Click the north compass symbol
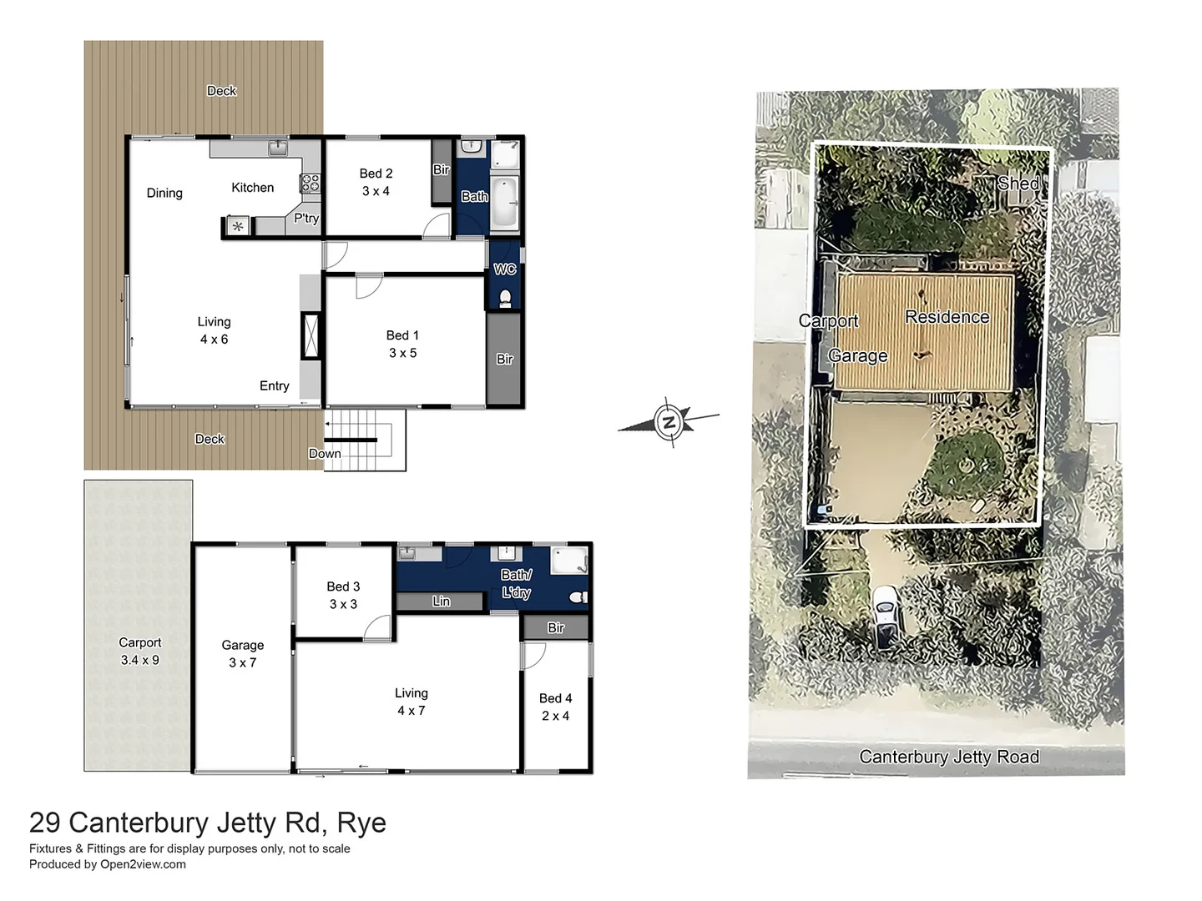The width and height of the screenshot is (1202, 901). (x=669, y=422)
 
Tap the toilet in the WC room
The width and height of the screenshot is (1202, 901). (x=505, y=298)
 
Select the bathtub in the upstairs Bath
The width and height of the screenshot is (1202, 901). (x=504, y=203)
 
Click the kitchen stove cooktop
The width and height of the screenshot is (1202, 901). (x=310, y=183)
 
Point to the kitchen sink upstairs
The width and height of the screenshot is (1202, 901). (x=278, y=148)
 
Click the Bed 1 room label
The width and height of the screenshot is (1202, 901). (x=402, y=344)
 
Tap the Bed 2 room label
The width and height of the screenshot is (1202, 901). (x=376, y=182)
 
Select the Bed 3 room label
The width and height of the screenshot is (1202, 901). (x=343, y=595)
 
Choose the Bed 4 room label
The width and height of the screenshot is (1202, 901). (x=555, y=707)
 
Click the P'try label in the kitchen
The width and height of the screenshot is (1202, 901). (x=306, y=218)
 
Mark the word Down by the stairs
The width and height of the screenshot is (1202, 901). (x=325, y=454)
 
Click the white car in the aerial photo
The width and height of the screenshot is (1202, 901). (x=886, y=617)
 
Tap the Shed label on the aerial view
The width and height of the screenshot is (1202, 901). (x=1018, y=183)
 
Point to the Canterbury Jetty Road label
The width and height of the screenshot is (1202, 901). (x=949, y=757)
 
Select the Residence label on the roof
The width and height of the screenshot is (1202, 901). (x=947, y=317)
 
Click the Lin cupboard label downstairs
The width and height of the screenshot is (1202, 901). (x=442, y=602)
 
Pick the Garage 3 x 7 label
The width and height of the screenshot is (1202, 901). (x=243, y=653)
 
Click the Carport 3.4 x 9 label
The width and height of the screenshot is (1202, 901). (x=139, y=651)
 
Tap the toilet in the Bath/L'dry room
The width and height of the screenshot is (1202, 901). (x=578, y=597)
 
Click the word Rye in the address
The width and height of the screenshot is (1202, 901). (x=361, y=823)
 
